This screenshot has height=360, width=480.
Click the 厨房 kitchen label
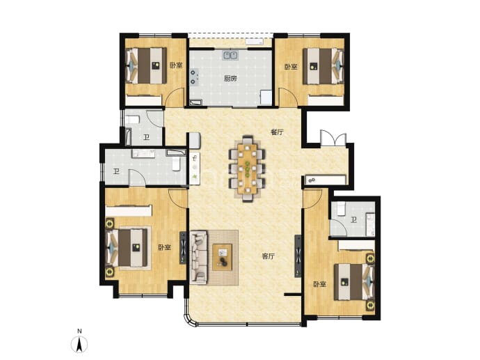coord(230,79)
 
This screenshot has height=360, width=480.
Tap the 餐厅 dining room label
coord(277,132)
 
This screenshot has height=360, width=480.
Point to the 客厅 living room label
coord(269,256)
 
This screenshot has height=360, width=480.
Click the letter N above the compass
coord(79,331)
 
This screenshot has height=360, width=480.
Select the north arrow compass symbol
coord(79,344)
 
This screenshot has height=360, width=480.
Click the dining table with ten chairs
coord(248,169)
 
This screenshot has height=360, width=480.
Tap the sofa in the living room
coord(199,258)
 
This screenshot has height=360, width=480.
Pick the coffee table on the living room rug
coord(222,257)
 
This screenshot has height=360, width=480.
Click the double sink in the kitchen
coord(230,56)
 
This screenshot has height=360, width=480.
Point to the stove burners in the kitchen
coord(194,77)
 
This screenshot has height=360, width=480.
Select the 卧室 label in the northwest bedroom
coord(176,65)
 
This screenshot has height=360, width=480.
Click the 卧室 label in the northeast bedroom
coord(291,67)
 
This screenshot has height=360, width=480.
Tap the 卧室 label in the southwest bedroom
coord(164,247)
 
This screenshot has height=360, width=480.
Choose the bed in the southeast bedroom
coord(354,282)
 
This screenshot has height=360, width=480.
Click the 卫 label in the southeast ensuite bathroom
coord(354,219)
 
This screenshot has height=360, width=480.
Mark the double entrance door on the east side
coord(333,138)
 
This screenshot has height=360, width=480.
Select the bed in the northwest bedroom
coord(147,65)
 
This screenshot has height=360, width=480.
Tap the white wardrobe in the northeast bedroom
coord(326,100)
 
